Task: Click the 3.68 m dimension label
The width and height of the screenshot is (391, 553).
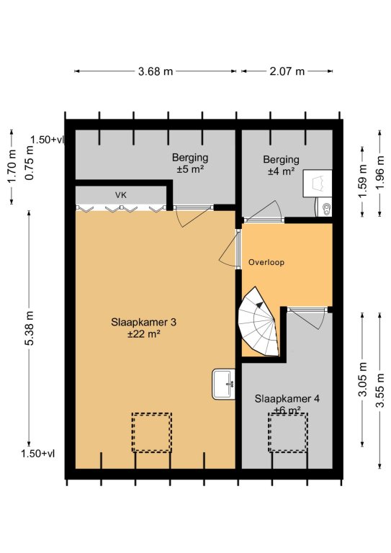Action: pyautogui.click(x=155, y=71)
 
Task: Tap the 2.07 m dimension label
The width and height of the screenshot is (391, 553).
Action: pyautogui.click(x=287, y=71)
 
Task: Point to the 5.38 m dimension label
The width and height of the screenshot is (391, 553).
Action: pyautogui.click(x=29, y=328)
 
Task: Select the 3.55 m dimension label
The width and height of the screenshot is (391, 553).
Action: pyautogui.click(x=380, y=390)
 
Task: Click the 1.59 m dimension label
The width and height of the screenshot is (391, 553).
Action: pyautogui.click(x=363, y=181)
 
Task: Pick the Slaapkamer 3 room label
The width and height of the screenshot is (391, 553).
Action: pyautogui.click(x=144, y=323)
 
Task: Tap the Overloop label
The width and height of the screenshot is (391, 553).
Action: pyautogui.click(x=266, y=262)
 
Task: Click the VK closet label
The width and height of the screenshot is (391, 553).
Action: pyautogui.click(x=121, y=195)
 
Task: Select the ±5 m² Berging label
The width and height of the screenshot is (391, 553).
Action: pyautogui.click(x=190, y=163)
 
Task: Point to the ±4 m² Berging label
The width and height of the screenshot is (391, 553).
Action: pyautogui.click(x=281, y=166)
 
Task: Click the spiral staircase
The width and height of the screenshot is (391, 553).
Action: pyautogui.click(x=258, y=322)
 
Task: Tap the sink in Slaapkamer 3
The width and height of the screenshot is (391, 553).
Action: pyautogui.click(x=223, y=384)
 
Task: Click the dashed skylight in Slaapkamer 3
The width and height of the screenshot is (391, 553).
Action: pyautogui.click(x=152, y=432)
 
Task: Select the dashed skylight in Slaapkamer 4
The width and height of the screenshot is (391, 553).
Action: pyautogui.click(x=288, y=432)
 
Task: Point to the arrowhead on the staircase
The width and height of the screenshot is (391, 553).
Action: pyautogui.click(x=260, y=305)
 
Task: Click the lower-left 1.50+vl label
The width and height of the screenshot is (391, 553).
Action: pyautogui.click(x=37, y=454)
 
